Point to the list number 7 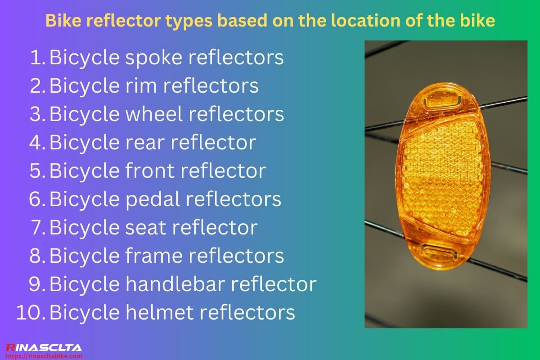click(37, 227)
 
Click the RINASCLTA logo click(43, 347)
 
